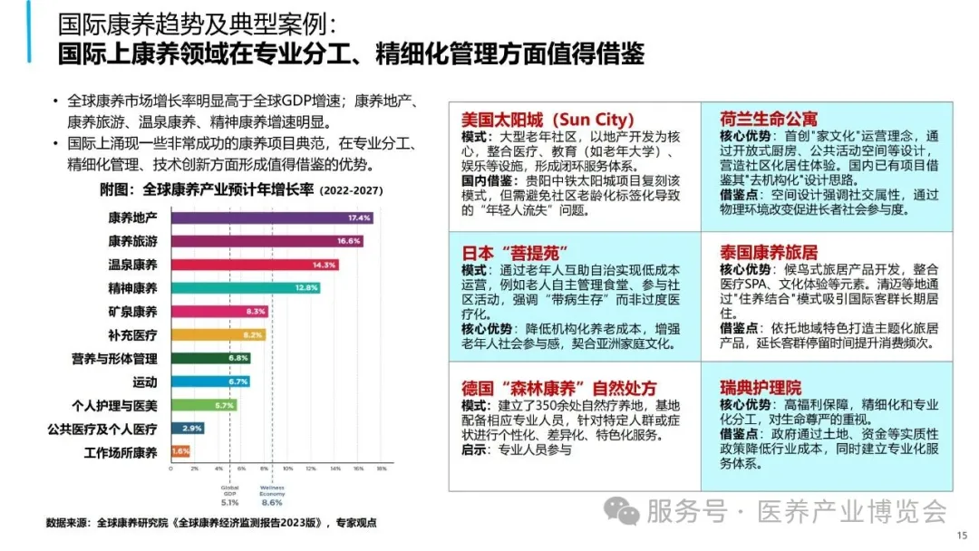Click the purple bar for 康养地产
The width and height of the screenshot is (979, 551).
271,217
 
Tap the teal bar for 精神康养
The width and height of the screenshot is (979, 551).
245,288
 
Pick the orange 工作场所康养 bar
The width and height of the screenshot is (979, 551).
180,451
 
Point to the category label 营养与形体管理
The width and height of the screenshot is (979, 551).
115,358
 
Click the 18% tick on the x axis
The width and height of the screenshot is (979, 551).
382,469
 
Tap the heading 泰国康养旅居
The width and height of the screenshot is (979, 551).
769,252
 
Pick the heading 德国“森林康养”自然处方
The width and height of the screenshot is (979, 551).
559,388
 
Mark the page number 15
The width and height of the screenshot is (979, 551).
962,535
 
